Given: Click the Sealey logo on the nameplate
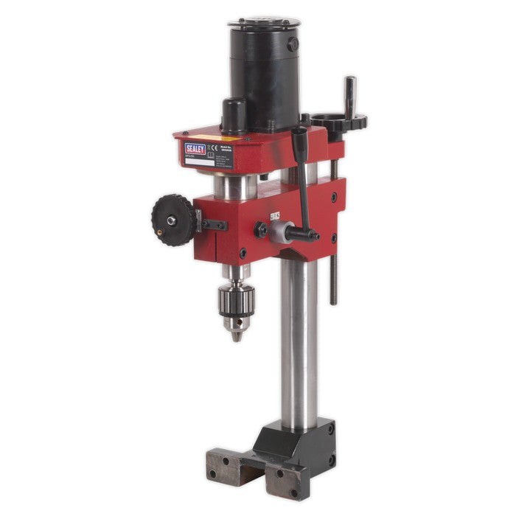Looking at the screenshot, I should (x=195, y=149).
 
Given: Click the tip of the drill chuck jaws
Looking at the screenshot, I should (x=236, y=336).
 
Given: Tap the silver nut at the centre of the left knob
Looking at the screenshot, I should (x=170, y=220).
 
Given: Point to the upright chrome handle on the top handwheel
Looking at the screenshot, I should (x=349, y=94).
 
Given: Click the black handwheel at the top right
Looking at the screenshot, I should (x=338, y=121).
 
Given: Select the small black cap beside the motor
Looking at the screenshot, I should (x=234, y=116).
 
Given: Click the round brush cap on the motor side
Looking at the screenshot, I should (x=293, y=45).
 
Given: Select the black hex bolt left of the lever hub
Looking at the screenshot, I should (x=261, y=230).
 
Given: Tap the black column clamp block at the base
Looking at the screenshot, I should (x=295, y=442).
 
